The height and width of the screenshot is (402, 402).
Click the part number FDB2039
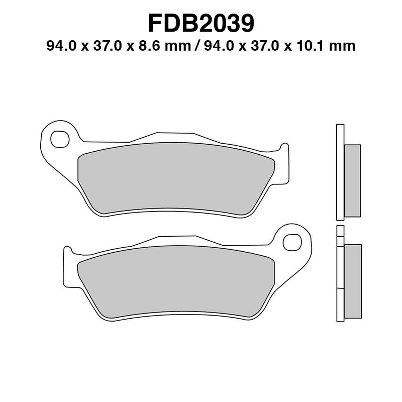(x=201, y=23)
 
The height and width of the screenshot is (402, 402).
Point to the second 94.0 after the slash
(x=218, y=46)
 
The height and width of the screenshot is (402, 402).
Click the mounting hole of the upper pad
(x=60, y=139)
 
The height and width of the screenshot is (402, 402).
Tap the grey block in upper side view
(x=352, y=181)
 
